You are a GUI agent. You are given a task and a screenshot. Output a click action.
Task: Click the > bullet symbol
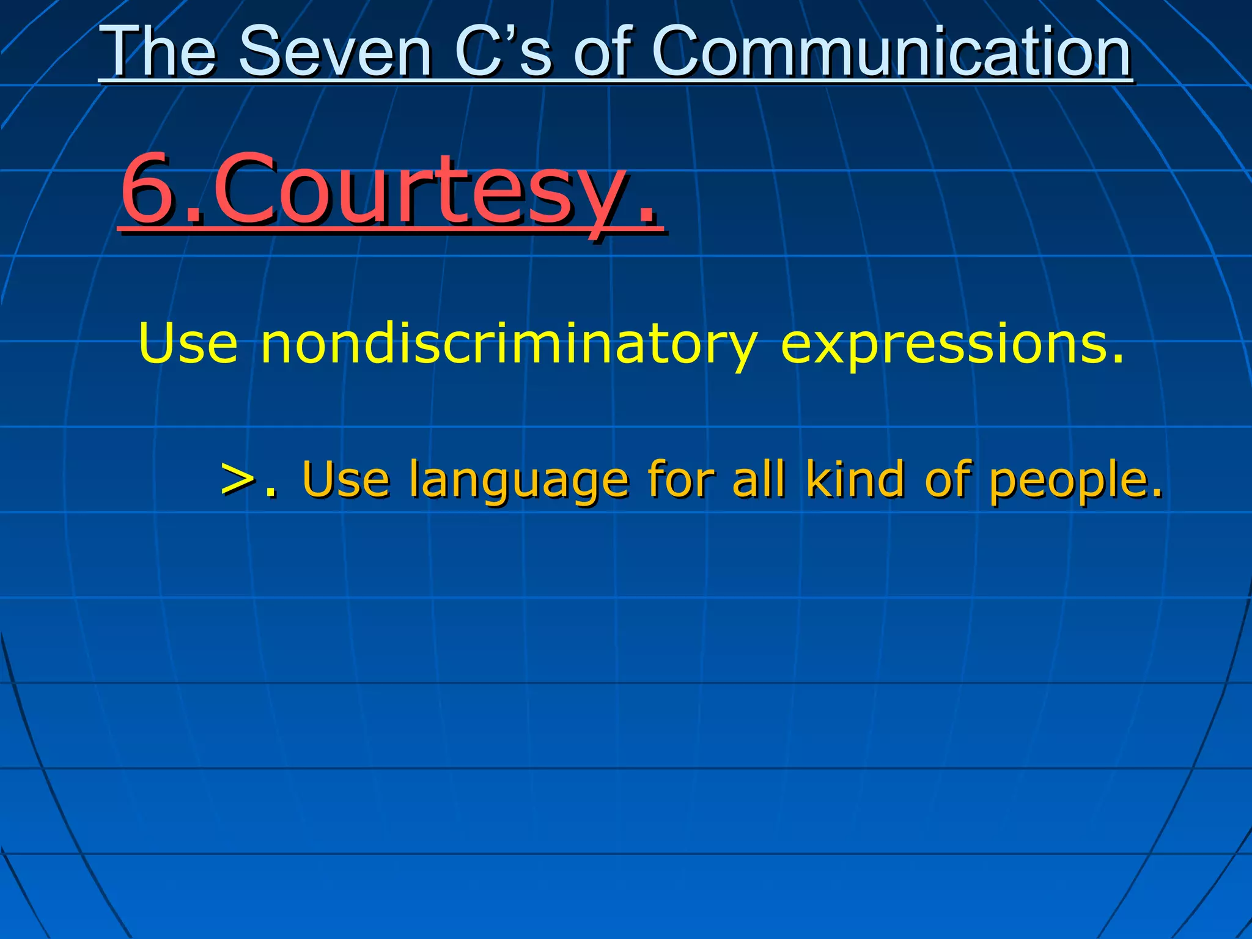(x=237, y=479)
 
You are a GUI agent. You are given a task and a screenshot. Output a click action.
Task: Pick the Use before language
(x=345, y=479)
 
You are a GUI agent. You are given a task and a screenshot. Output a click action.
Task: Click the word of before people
(x=948, y=479)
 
